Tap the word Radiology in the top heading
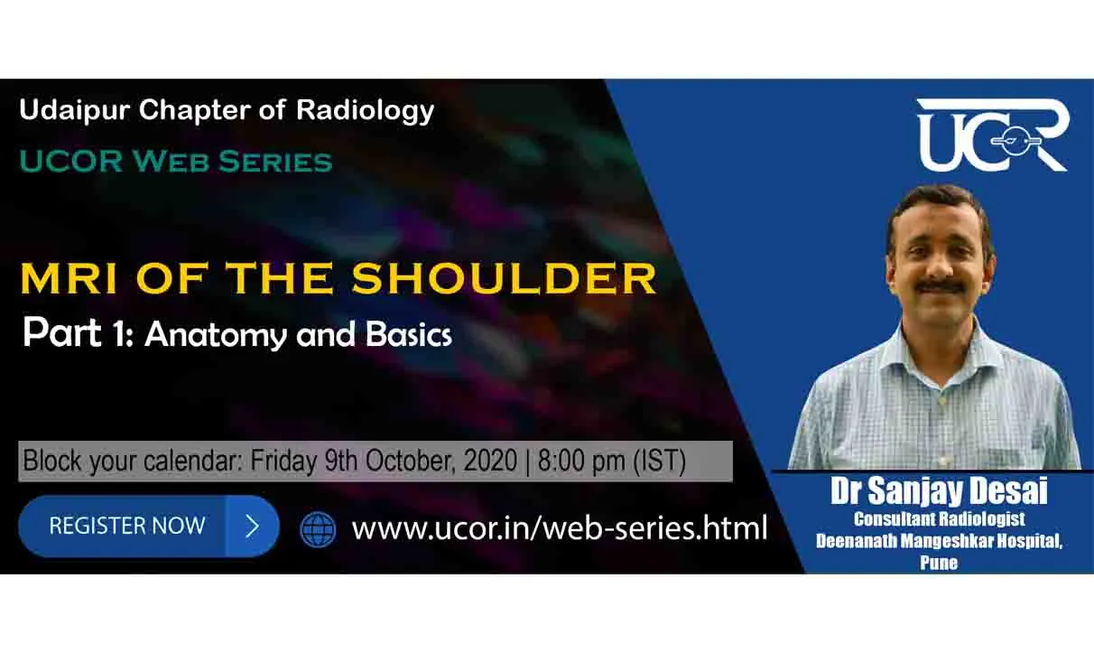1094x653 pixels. pos(365,111)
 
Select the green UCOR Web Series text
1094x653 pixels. pos(176,162)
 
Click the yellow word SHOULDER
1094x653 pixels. pos(504,277)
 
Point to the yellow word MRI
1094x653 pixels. pos(69,277)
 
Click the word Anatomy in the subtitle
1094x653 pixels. pos(216,336)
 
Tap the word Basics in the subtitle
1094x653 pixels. pos(408,334)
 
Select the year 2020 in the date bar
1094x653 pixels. pos(490,461)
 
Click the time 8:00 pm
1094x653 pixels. pos(581,461)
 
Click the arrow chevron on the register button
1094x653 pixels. pos(253,527)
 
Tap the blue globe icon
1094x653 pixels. pos(318,528)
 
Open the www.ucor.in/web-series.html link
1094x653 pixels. pos(560,528)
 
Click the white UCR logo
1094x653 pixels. pos(994,135)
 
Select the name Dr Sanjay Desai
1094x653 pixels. pos(939,490)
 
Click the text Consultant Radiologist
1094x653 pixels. pos(939,519)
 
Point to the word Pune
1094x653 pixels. pos(939,562)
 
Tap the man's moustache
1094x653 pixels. pos(941,287)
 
